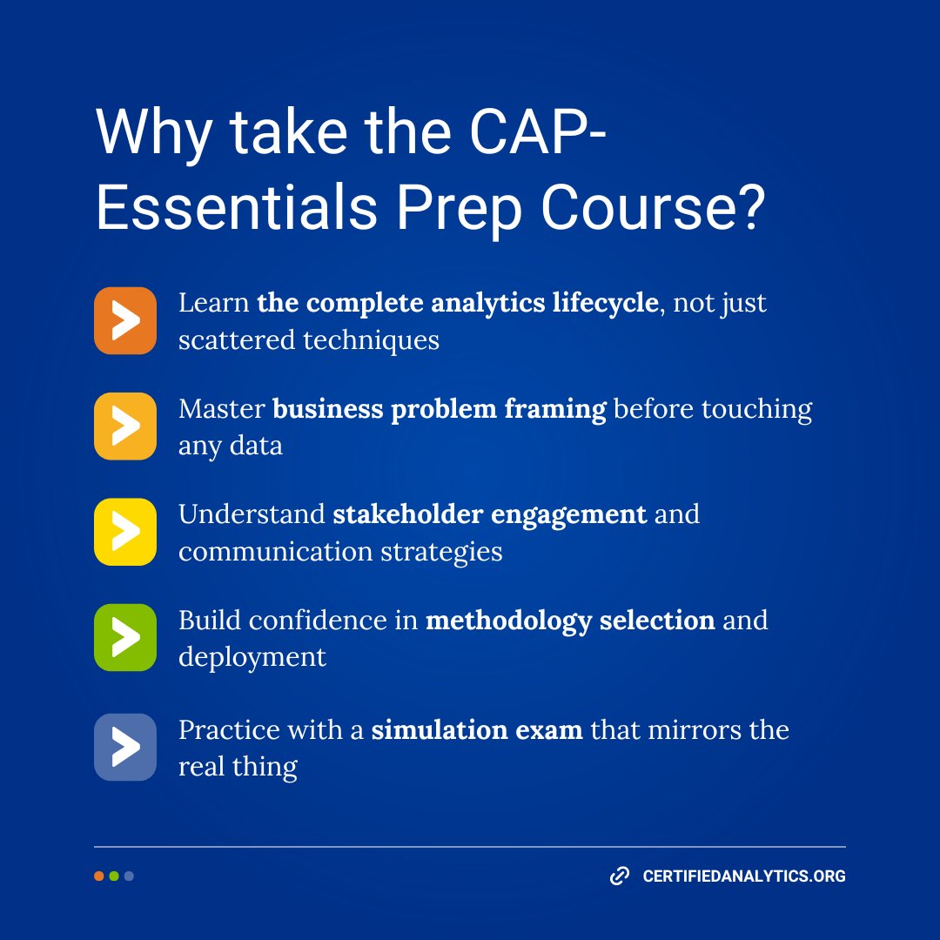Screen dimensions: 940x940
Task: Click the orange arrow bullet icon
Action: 125,321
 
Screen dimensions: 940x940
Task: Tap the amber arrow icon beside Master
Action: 125,426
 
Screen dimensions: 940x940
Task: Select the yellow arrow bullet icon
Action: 125,532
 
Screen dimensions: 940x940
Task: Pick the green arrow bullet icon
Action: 125,638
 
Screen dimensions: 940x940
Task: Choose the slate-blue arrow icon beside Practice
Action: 125,747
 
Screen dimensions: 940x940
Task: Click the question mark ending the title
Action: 748,208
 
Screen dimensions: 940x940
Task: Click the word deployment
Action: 252,656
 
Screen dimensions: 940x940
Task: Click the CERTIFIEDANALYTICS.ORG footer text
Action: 744,876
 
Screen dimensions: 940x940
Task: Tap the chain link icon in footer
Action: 620,876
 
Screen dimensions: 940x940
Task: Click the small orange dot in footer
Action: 99,876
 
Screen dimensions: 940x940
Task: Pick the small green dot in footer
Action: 114,876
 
